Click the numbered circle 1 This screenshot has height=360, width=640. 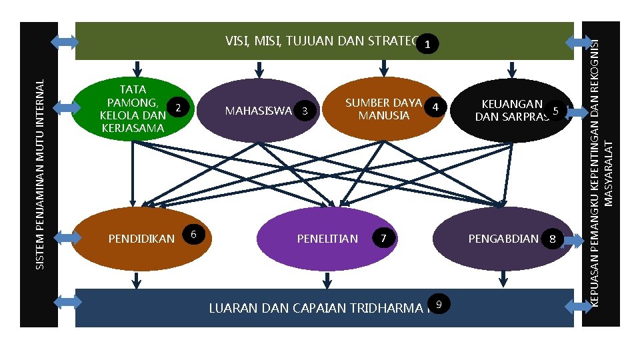click(430, 45)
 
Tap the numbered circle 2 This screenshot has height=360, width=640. click(178, 107)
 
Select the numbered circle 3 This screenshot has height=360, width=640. click(305, 111)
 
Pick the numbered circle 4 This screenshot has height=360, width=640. click(435, 107)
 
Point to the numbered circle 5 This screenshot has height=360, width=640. click(555, 111)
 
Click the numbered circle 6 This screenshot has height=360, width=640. click(193, 233)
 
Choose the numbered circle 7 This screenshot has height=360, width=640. click(383, 238)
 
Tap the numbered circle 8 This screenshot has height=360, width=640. click(553, 238)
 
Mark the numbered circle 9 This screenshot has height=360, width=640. click(438, 304)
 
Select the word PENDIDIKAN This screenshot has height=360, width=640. click(141, 239)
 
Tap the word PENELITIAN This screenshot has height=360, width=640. click(327, 239)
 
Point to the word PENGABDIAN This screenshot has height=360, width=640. click(503, 239)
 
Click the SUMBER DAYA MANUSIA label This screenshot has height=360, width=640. click(383, 109)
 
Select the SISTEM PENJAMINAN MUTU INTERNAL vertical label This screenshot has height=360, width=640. click(39, 175)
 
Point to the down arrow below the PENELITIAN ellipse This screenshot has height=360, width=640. click(327, 280)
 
